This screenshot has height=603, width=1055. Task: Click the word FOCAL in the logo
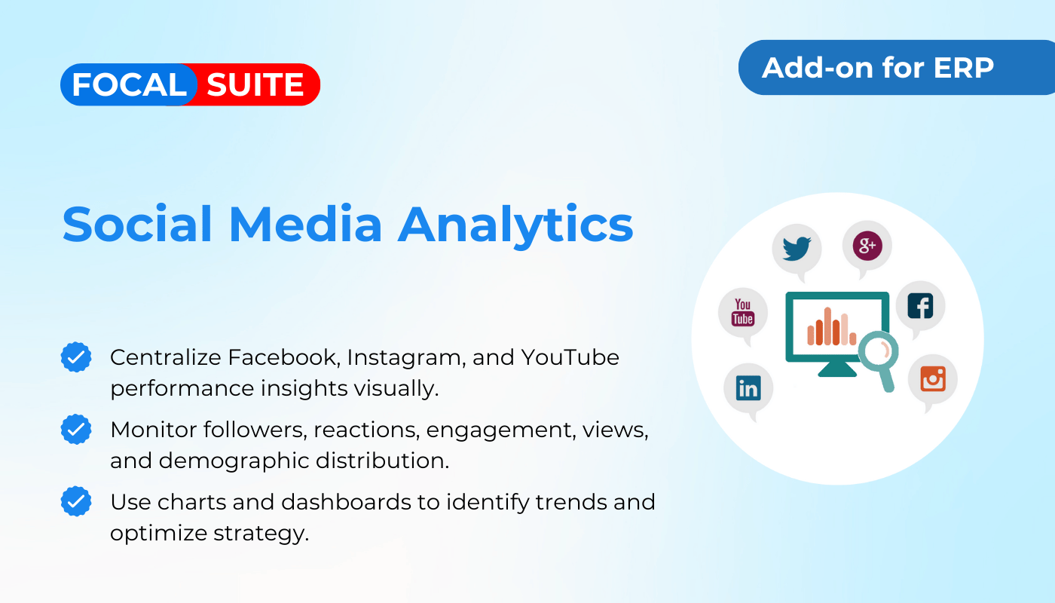(x=129, y=84)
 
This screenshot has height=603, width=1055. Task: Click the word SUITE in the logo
(x=255, y=84)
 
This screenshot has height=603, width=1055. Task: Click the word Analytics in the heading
(x=515, y=225)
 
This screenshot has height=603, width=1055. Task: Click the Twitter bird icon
(x=797, y=249)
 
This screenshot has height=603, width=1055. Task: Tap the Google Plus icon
(x=867, y=246)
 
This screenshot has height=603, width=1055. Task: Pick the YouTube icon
(x=743, y=312)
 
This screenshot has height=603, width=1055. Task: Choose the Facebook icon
(x=920, y=306)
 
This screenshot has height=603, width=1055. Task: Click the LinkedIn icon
(x=748, y=387)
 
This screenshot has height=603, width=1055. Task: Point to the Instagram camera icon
(x=933, y=378)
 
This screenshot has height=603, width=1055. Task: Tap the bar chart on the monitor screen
(x=831, y=326)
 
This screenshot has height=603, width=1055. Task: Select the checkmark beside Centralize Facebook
(x=76, y=357)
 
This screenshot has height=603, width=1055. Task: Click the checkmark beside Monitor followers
(x=76, y=429)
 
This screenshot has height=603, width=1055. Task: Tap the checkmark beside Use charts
(x=76, y=501)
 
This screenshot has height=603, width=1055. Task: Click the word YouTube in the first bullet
(x=570, y=357)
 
